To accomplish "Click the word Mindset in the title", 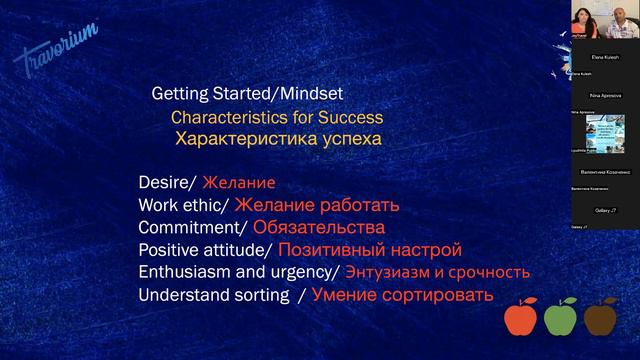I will tap(310, 94).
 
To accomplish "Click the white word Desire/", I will tap(168, 184).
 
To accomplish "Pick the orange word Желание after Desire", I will tap(238, 184).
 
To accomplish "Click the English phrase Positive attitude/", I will tap(205, 250).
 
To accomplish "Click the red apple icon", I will tap(520, 319).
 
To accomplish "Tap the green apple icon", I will tap(561, 319).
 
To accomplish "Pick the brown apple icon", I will tap(601, 319).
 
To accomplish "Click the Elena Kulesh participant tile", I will tap(598, 58).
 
